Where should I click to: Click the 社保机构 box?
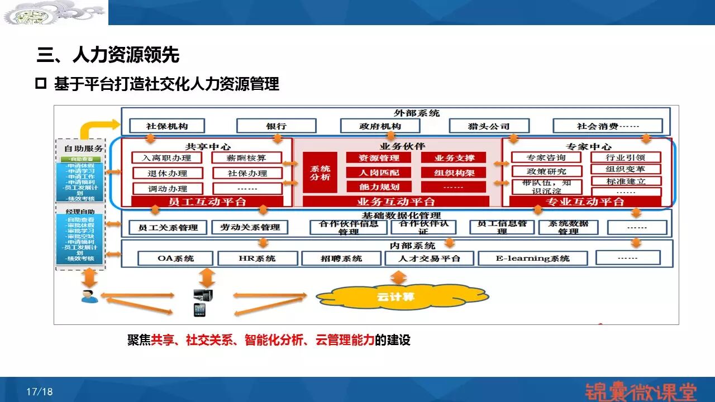[166, 126]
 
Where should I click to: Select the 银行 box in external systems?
[276, 126]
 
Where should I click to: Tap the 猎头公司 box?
[488, 126]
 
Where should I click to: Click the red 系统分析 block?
[320, 173]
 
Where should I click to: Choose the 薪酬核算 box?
[247, 158]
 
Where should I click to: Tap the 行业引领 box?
[626, 157]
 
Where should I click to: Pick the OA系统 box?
[175, 258]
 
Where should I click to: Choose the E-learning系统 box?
[532, 258]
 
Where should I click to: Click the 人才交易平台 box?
[429, 258]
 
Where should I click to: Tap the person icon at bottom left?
[89, 296]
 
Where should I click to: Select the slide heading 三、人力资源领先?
[108, 55]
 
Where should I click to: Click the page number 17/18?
[39, 391]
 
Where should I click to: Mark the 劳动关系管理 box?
[250, 227]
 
